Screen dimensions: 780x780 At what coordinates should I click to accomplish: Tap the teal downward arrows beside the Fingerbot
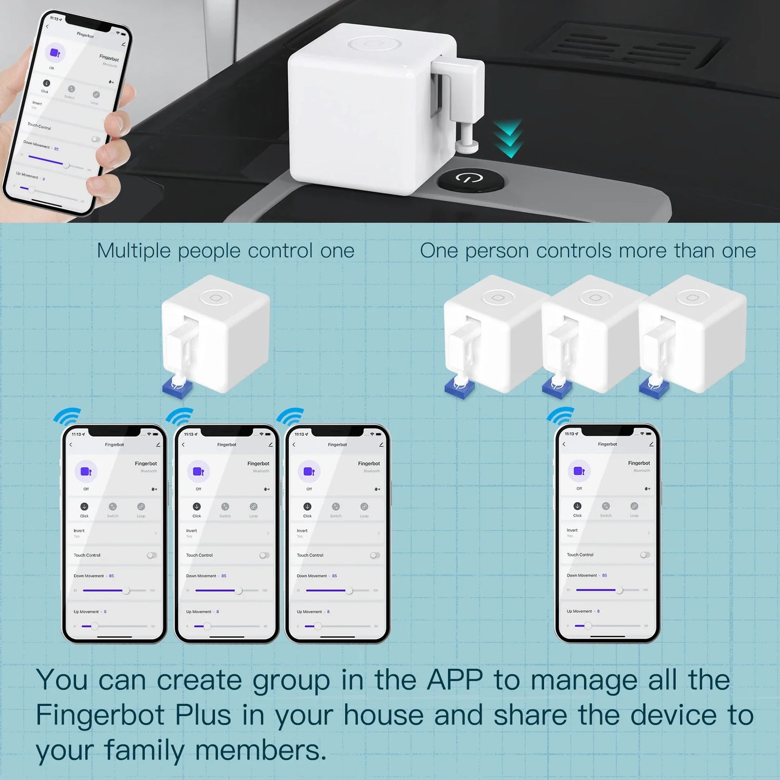point(508,139)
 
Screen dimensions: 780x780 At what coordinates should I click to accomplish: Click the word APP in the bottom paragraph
point(455,680)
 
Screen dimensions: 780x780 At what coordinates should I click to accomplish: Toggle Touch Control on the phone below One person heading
point(645,555)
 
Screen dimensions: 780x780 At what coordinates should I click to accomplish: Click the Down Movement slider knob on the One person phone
point(619,590)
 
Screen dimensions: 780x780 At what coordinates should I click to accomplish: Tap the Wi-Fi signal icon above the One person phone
point(561,416)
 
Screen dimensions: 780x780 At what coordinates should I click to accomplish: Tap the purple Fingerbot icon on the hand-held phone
point(55,53)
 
